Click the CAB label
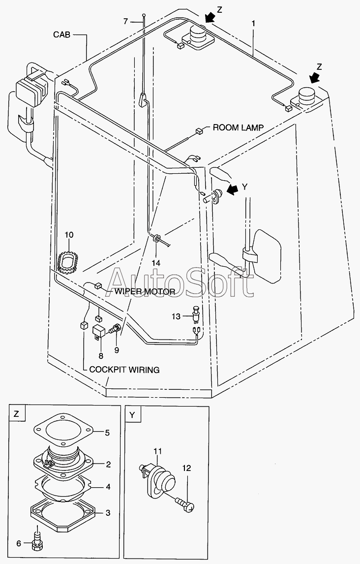click(62, 34)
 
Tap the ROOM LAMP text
click(238, 127)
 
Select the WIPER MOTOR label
click(145, 291)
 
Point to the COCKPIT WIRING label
click(124, 370)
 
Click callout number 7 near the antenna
click(125, 22)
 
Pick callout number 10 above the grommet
click(69, 235)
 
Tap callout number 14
click(155, 263)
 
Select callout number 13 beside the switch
click(176, 316)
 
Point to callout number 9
click(117, 349)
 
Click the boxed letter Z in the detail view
click(17, 413)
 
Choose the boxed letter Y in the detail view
click(132, 414)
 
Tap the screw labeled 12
click(185, 502)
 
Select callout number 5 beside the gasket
click(107, 433)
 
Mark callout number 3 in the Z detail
click(108, 513)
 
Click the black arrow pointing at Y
click(232, 189)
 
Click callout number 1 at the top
click(253, 24)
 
